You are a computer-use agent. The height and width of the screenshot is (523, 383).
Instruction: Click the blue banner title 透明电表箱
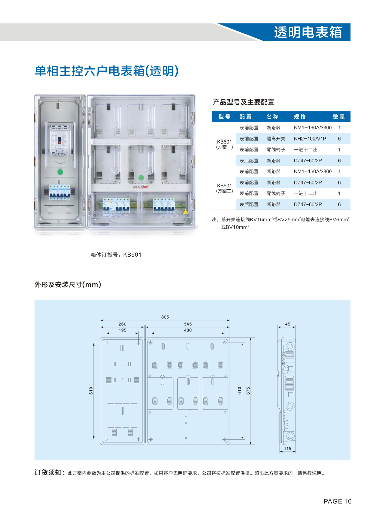tap(308, 32)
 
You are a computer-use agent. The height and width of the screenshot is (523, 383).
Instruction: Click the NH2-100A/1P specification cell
tap(310, 139)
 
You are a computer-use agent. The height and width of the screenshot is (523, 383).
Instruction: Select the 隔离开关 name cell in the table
tap(276, 139)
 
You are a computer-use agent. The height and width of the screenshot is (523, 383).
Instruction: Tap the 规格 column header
tap(300, 117)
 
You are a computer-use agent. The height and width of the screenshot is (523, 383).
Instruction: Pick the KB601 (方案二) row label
tap(224, 188)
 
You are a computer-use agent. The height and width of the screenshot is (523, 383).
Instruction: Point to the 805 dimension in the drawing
tap(165, 317)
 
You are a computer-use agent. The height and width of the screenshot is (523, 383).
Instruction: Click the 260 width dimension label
tap(122, 324)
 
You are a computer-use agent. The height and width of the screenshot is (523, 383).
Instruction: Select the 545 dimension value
tap(188, 324)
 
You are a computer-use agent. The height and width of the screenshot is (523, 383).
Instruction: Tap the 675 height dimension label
tap(248, 391)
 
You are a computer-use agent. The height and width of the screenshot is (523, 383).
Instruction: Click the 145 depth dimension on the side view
tap(286, 324)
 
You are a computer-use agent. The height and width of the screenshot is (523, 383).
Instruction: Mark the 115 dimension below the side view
tap(287, 449)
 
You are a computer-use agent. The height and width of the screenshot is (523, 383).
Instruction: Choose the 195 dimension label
tap(122, 330)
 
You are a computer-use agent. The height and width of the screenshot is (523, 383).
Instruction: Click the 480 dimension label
tap(188, 330)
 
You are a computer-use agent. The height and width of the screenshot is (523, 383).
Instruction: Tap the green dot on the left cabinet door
tap(60, 172)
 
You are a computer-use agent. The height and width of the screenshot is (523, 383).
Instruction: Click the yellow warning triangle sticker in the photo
tap(185, 211)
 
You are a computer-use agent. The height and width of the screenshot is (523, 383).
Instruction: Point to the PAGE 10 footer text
tap(337, 501)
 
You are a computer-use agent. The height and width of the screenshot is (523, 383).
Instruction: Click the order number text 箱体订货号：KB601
tap(116, 255)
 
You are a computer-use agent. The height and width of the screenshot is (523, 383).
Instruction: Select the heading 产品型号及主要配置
tap(243, 102)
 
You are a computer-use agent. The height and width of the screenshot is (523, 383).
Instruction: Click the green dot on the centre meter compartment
tap(141, 178)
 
